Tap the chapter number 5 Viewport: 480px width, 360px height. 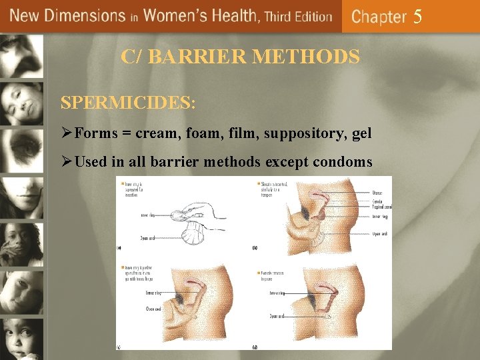pyautogui.click(x=417, y=17)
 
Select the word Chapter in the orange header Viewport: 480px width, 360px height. pyautogui.click(x=379, y=17)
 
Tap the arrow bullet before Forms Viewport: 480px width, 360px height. pyautogui.click(x=67, y=134)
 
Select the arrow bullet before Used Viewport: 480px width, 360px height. pyautogui.click(x=67, y=163)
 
